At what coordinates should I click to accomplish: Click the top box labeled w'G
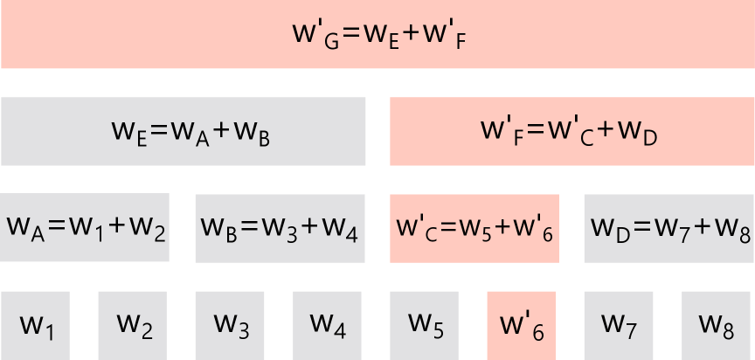(x=377, y=35)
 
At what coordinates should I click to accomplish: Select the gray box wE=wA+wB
(x=184, y=131)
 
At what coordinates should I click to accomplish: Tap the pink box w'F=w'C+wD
(x=571, y=131)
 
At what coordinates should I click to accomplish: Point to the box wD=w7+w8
(x=668, y=228)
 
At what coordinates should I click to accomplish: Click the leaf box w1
(x=36, y=325)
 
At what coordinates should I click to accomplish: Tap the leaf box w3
(x=231, y=325)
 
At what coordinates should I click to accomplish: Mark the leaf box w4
(x=328, y=325)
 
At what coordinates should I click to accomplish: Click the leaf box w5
(x=426, y=325)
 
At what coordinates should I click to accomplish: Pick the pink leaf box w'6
(x=522, y=325)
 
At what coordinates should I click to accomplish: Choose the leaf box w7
(x=619, y=325)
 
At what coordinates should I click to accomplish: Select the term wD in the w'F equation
(x=639, y=134)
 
